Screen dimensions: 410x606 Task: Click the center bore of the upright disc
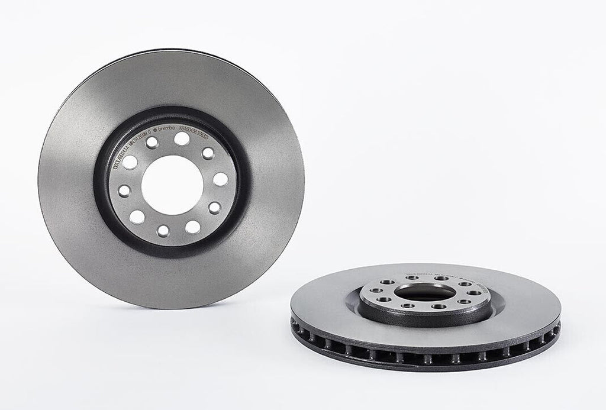172,184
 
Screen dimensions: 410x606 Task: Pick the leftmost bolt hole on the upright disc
125,190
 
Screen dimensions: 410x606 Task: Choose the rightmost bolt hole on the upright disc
220,179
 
